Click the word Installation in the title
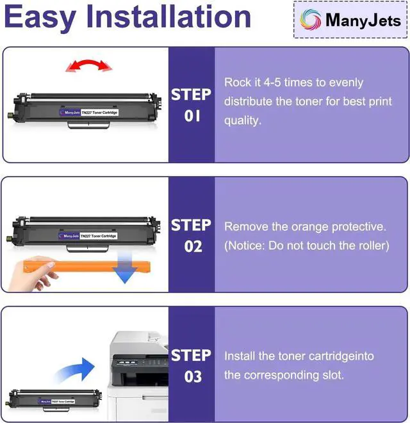click(x=168, y=17)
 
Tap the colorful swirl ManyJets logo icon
click(x=310, y=20)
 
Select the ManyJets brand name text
click(x=363, y=20)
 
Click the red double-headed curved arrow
click(x=89, y=63)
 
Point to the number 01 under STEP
click(x=192, y=116)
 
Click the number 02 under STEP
click(x=193, y=246)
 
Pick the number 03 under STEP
click(x=193, y=376)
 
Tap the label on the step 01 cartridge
click(x=88, y=113)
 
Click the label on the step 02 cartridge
click(x=88, y=236)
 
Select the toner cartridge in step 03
click(x=54, y=401)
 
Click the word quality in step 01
click(x=243, y=121)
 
